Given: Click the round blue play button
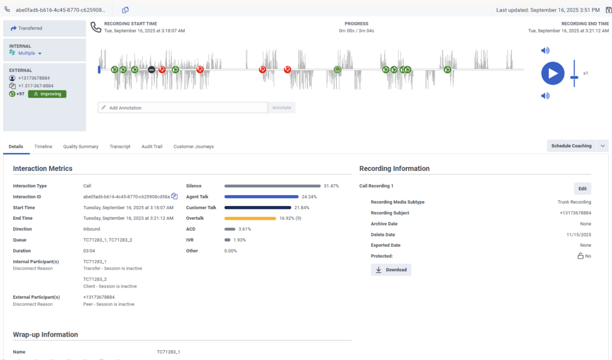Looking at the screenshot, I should tap(553, 73).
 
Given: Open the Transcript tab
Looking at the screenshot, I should tap(120, 146).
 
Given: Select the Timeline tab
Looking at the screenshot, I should tap(43, 146).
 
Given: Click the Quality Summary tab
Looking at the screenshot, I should tap(81, 146).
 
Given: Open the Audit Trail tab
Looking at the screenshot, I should tap(151, 146).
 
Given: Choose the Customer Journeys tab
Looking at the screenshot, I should tap(193, 146).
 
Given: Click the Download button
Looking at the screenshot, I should tap(391, 270).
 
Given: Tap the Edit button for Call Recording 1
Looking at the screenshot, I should tap(582, 189).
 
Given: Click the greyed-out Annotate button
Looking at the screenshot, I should tap(282, 108).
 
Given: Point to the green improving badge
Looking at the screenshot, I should tap(47, 94).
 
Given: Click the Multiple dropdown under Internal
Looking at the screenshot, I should tap(30, 53).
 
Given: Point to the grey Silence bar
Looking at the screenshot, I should tap(272, 186).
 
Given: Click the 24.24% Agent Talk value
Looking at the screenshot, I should tap(309, 197).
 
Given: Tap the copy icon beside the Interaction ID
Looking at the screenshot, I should tap(174, 196).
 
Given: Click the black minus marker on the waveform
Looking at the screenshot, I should tap(151, 69).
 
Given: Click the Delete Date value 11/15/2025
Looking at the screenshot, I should tap(578, 235).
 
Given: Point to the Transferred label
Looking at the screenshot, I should tap(30, 28).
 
